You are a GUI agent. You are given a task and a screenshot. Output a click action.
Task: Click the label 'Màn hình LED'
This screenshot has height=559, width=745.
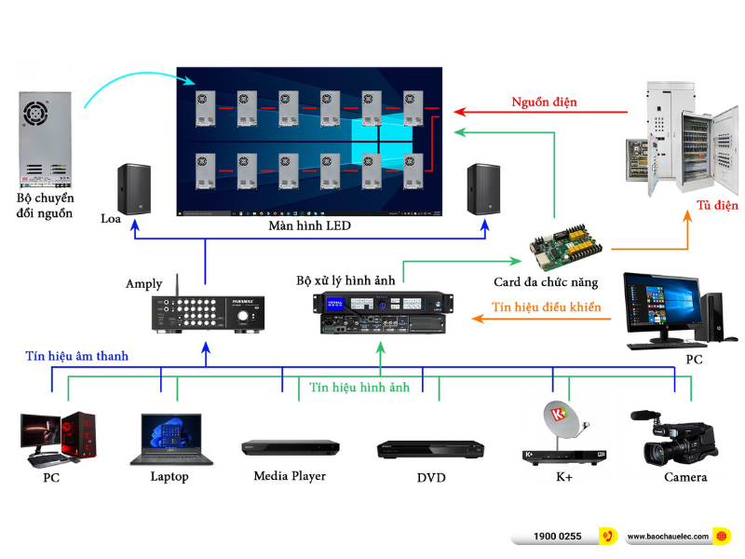311,226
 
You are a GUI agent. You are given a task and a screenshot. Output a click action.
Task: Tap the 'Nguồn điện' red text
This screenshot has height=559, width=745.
544,101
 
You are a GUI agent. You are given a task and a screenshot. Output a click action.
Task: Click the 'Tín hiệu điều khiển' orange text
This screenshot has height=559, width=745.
547,307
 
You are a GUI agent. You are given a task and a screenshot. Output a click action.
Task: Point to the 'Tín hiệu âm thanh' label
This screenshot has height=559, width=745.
77,356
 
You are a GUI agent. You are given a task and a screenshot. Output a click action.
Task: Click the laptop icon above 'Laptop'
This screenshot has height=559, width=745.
170,439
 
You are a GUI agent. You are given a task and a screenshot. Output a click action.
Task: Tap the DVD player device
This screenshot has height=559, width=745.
430,450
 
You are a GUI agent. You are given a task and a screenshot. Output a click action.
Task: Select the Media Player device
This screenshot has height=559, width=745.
290,447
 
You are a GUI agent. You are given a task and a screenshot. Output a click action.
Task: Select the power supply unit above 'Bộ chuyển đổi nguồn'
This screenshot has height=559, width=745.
45,136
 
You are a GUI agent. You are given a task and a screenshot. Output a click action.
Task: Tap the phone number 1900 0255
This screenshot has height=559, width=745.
558,537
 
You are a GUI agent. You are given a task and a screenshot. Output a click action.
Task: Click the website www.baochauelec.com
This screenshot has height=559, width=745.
668,537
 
